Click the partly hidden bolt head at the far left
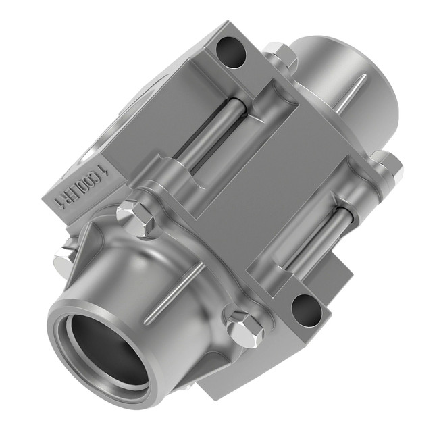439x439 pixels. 65,254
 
